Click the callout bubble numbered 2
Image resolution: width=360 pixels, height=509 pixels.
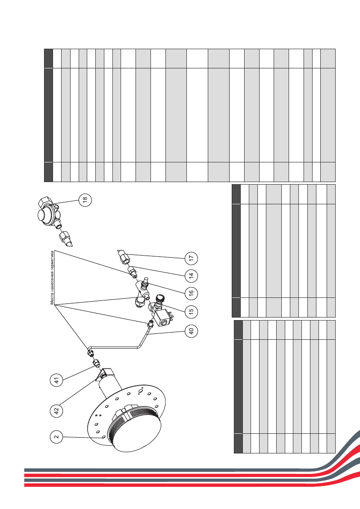click(56, 436)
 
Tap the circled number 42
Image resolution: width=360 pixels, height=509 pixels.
click(56, 411)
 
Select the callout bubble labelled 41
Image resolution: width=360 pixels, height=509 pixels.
click(56, 380)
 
